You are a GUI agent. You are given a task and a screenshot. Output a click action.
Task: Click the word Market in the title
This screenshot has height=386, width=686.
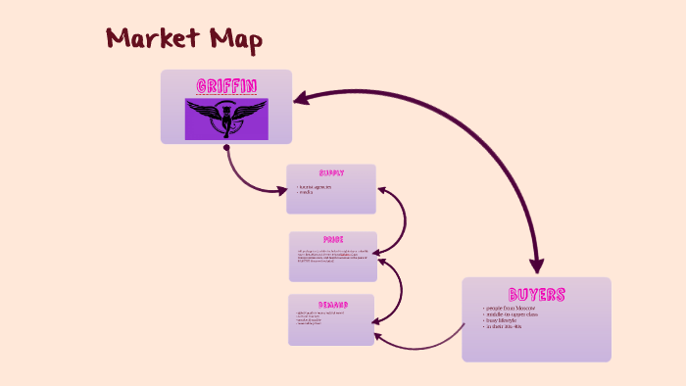(x=149, y=39)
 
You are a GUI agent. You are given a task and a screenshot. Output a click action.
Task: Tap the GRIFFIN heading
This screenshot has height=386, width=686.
(x=226, y=86)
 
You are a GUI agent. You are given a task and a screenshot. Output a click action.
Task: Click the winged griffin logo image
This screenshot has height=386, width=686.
(x=226, y=119)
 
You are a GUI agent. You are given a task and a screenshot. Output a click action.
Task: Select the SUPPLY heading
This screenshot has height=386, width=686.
(x=331, y=172)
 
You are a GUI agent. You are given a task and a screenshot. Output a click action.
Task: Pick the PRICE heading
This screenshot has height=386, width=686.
(x=333, y=239)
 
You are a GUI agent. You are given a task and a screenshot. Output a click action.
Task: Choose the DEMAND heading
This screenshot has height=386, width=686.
(x=331, y=303)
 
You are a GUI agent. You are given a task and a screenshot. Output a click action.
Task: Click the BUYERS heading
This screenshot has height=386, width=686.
(x=536, y=294)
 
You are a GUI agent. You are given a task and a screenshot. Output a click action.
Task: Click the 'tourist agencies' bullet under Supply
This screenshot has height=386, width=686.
(x=316, y=186)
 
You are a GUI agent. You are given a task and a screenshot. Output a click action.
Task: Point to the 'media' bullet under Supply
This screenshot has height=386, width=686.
(x=307, y=192)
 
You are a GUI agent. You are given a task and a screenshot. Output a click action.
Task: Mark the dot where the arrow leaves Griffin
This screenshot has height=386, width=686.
(x=226, y=148)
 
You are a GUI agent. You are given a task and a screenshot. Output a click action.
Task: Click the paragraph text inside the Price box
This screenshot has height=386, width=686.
(x=332, y=256)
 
